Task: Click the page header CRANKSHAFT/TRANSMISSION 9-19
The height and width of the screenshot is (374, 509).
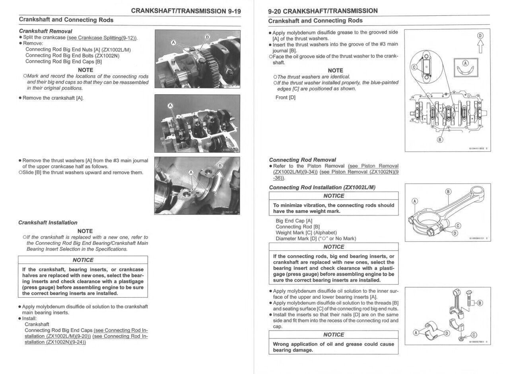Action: pyautogui.click(x=186, y=11)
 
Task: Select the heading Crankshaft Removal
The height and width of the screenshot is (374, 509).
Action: pyautogui.click(x=45, y=31)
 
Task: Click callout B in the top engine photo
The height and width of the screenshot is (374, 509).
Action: pyautogui.click(x=207, y=37)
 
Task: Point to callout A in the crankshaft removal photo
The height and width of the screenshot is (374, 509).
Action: pyautogui.click(x=170, y=106)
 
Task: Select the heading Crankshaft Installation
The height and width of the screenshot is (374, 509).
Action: pyautogui.click(x=48, y=222)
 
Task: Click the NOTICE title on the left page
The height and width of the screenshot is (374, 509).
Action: pyautogui.click(x=83, y=260)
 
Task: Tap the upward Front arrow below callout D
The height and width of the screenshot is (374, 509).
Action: pyautogui.click(x=480, y=48)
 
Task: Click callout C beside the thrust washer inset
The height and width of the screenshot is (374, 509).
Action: pyautogui.click(x=414, y=67)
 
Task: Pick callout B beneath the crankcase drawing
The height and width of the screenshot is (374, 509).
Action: pyautogui.click(x=440, y=140)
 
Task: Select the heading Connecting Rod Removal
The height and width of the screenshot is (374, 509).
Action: pyautogui.click(x=302, y=160)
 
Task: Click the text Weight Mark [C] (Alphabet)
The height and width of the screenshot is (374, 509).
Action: pyautogui.click(x=306, y=233)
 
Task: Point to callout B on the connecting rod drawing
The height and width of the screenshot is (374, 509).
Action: pyautogui.click(x=449, y=191)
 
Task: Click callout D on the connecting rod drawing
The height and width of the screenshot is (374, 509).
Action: pyautogui.click(x=455, y=233)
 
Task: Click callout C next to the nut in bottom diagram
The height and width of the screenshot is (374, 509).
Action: pyautogui.click(x=474, y=335)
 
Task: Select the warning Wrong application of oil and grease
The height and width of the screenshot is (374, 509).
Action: pyautogui.click(x=333, y=347)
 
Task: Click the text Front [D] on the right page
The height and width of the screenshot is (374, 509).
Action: pyautogui.click(x=286, y=97)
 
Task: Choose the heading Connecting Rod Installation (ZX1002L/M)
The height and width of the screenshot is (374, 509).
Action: pyautogui.click(x=322, y=187)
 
